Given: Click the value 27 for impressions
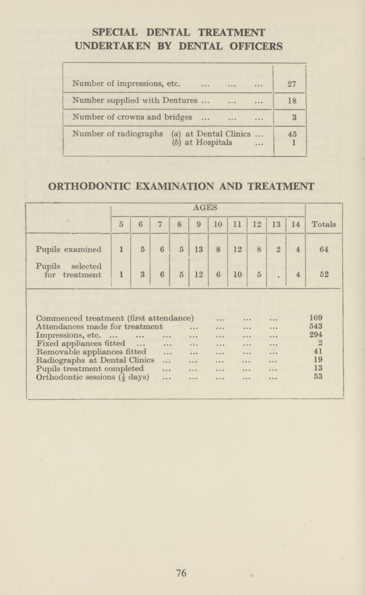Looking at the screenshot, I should (288, 84).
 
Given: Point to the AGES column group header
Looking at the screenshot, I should (208, 207).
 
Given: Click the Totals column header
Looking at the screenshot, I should (323, 224).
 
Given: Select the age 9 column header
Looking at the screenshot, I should (198, 224).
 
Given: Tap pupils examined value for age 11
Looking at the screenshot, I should (237, 249).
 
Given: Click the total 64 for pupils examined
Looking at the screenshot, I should (323, 249).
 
